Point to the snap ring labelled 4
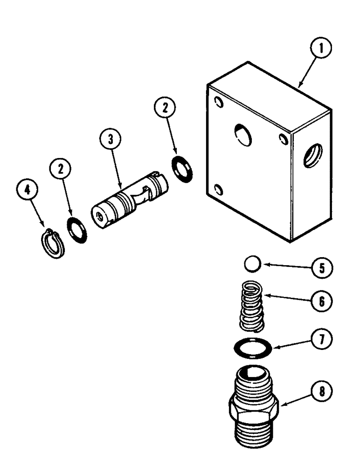[51, 243]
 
